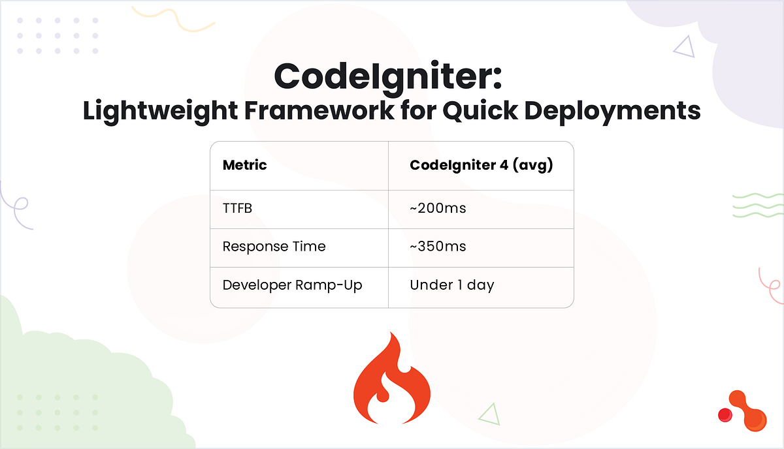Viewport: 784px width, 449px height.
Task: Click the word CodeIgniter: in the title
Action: tap(388, 76)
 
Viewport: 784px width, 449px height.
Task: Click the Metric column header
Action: tap(244, 165)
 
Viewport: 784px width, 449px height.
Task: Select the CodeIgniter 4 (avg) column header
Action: tap(482, 165)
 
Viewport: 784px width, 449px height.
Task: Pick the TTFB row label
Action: tap(238, 209)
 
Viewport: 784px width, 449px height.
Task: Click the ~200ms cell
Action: tap(438, 209)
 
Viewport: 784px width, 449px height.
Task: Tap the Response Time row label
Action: tap(274, 247)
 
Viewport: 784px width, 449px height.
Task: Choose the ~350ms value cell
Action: tap(438, 247)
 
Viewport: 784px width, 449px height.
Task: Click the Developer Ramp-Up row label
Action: tap(292, 285)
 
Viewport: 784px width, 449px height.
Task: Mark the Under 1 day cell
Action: tap(451, 285)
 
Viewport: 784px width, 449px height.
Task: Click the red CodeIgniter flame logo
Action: tap(391, 379)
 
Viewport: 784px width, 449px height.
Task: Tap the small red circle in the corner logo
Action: tap(725, 414)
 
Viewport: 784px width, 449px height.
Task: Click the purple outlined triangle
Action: tap(684, 46)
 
